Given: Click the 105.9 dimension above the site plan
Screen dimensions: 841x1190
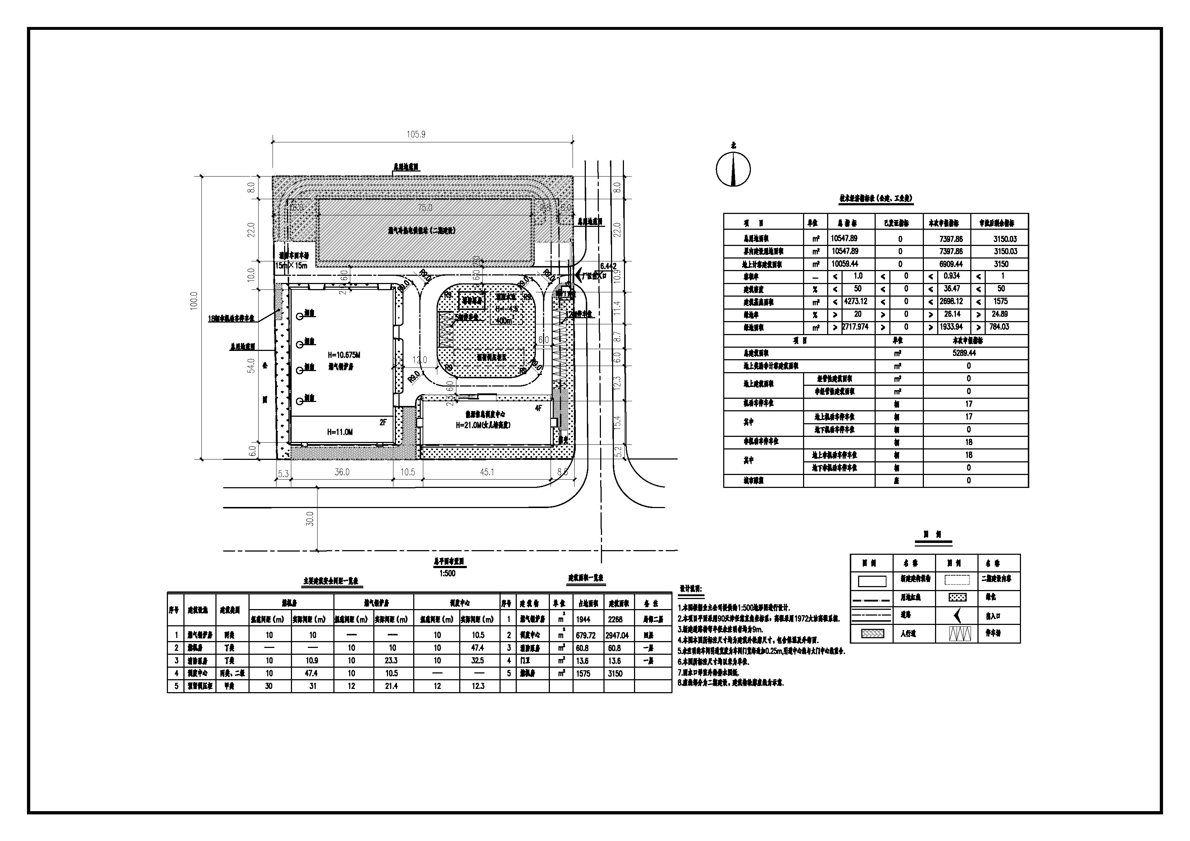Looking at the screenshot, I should click(x=416, y=134).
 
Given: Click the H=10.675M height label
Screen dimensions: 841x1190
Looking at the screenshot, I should click(x=344, y=356).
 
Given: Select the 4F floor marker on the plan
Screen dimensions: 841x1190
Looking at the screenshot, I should click(x=538, y=408).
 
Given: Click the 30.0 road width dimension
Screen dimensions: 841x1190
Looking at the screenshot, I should click(x=310, y=518).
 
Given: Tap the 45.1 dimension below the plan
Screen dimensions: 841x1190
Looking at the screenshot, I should click(x=487, y=472).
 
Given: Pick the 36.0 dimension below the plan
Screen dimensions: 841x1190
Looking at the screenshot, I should click(x=342, y=472).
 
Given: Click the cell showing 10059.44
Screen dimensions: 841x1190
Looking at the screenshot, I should click(x=845, y=264).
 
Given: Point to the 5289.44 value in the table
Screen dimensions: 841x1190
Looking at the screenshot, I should click(x=964, y=353).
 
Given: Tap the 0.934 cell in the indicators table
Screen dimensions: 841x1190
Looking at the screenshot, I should click(x=952, y=276).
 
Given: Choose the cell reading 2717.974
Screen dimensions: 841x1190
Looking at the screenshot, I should click(x=855, y=327).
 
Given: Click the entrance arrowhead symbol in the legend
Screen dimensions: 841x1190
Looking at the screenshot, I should click(x=957, y=615).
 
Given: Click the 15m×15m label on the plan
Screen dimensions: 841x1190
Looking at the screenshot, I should click(x=291, y=265).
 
